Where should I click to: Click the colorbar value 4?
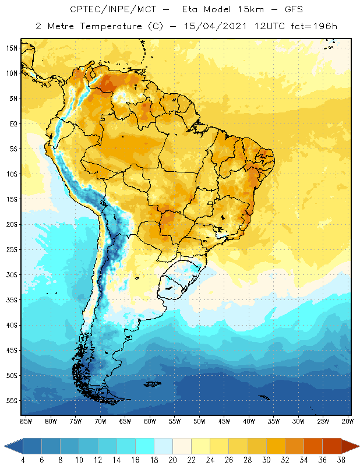point(23,460)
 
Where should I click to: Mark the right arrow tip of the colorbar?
point(358,446)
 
